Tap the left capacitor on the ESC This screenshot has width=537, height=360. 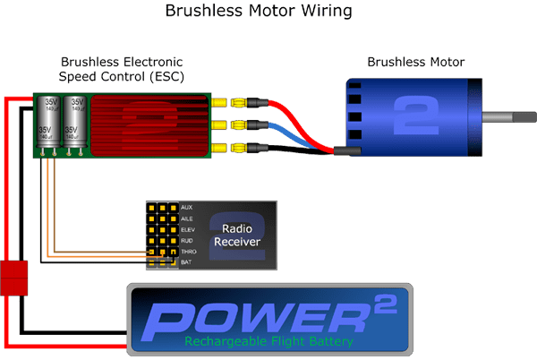pyautogui.click(x=47, y=123)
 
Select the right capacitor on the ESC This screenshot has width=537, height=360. pyautogui.click(x=75, y=123)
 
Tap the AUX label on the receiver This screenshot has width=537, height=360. pyautogui.click(x=186, y=207)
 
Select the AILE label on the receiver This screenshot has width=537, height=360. pyautogui.click(x=186, y=218)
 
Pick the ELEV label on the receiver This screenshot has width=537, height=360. pyautogui.click(x=186, y=228)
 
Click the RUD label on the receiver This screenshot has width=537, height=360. pyautogui.click(x=185, y=239)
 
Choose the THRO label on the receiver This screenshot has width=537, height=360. pyautogui.click(x=187, y=251)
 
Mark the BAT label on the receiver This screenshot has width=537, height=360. pyautogui.click(x=185, y=261)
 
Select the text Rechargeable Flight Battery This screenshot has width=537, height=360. pyautogui.click(x=269, y=341)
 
